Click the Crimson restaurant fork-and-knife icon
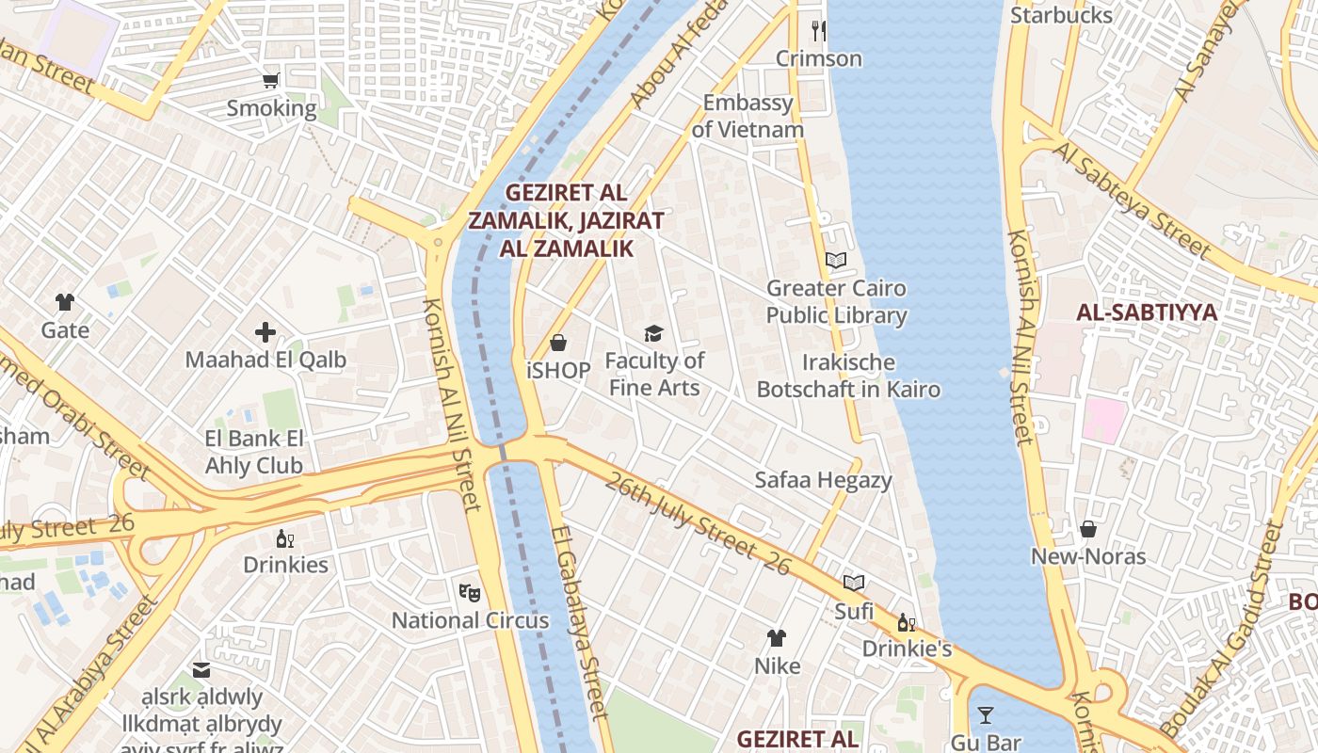tap(819, 31)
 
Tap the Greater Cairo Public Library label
tap(836, 301)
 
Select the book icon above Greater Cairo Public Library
tap(836, 260)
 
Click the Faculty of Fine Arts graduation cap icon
tap(653, 333)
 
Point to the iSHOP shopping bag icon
tap(558, 343)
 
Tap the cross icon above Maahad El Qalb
tap(265, 332)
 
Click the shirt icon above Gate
tap(64, 302)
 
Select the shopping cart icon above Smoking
tap(271, 81)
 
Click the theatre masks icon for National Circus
tap(469, 592)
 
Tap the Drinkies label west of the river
tap(285, 565)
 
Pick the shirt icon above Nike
tap(777, 638)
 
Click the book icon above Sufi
tap(854, 584)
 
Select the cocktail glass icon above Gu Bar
tap(985, 715)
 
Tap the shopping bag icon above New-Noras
tap(1088, 529)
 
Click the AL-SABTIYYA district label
tap(1147, 312)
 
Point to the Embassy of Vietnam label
tap(747, 116)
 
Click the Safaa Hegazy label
tap(823, 480)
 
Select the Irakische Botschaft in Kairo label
tap(848, 375)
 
